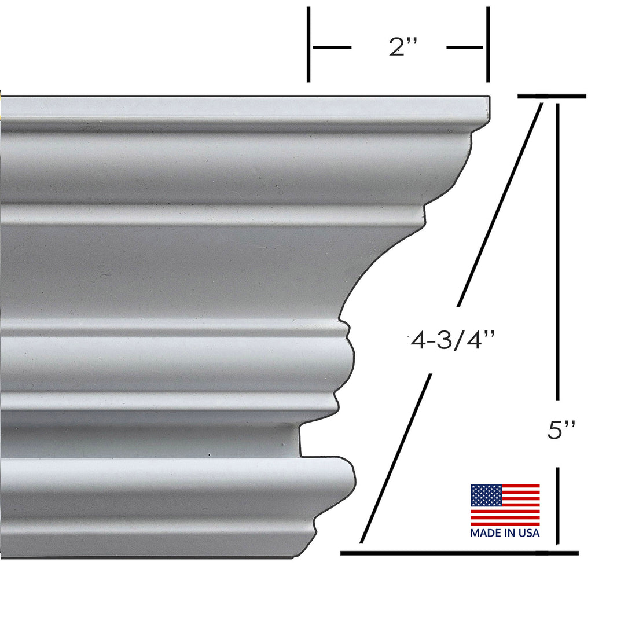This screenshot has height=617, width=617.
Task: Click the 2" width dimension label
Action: pos(399,47)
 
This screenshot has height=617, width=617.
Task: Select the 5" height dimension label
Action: pos(561,431)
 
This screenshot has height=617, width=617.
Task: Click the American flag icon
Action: pos(505,505)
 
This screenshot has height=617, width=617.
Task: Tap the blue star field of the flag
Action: pos(485,495)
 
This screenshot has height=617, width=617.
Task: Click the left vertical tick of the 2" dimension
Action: pos(308,45)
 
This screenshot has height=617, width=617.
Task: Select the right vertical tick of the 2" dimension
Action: pos(488,45)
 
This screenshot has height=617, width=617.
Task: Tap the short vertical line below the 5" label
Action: pos(557,506)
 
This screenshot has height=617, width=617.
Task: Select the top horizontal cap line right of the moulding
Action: pos(552,96)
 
